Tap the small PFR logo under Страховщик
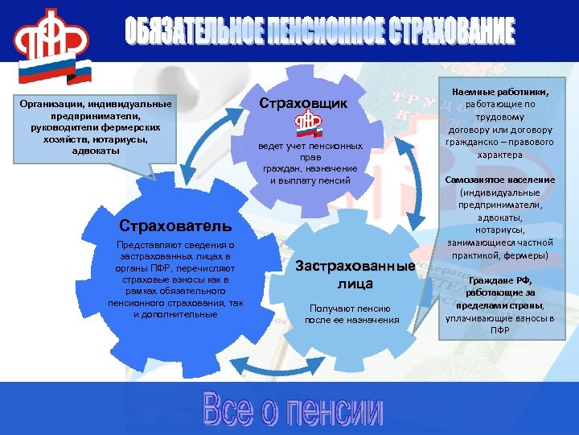pos(306,122)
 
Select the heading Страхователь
pos(175,225)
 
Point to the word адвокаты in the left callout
pos(96,150)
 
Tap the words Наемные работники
pos(501,93)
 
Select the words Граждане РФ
pos(500,280)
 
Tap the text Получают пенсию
pos(351,308)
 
